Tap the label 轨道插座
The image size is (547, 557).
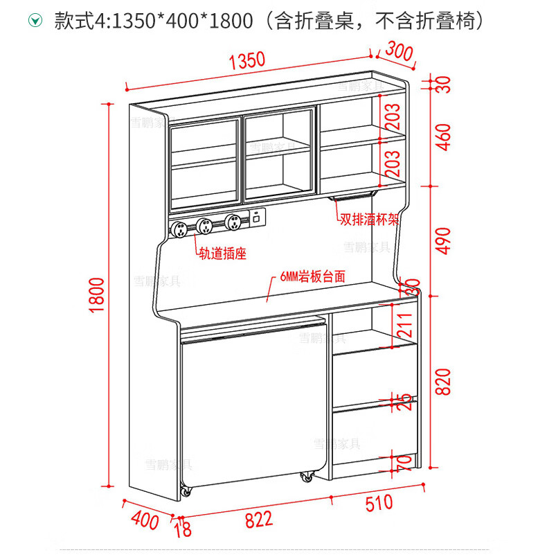pyautogui.click(x=222, y=254)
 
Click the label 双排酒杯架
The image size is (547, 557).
pyautogui.click(x=368, y=220)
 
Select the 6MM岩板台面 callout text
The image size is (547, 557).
pyautogui.click(x=313, y=276)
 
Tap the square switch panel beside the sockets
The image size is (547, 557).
pyautogui.click(x=256, y=217)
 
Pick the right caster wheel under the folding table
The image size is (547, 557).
pyautogui.click(x=306, y=477)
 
